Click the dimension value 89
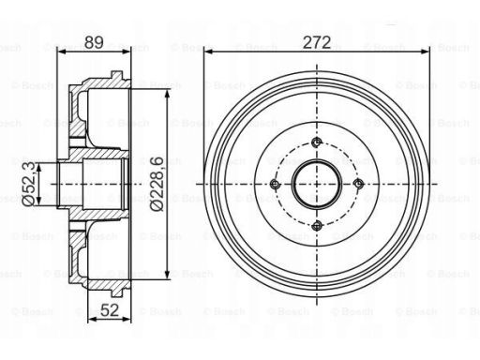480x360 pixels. click(x=94, y=42)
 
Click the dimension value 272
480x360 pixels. click(x=317, y=42)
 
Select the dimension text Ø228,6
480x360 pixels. click(x=157, y=184)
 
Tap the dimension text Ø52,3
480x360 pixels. click(x=29, y=184)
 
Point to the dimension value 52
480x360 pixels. click(x=110, y=310)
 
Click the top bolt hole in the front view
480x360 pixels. click(x=317, y=142)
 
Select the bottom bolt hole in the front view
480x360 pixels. click(x=317, y=225)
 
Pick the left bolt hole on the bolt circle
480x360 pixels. click(x=275, y=184)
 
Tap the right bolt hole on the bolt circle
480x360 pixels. click(x=358, y=184)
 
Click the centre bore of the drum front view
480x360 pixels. click(x=317, y=184)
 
